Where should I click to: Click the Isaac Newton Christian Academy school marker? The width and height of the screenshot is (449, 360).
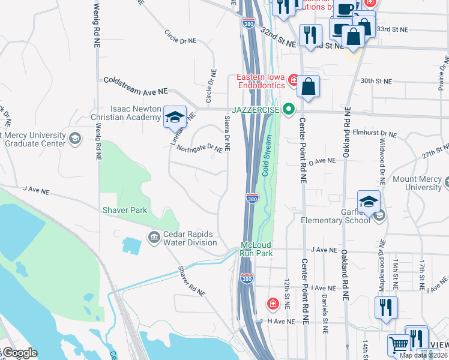175,116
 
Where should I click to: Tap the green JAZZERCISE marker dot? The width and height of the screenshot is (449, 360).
289,109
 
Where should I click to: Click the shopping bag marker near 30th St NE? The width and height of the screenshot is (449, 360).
308,86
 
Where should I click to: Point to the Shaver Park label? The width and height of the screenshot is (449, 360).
125,210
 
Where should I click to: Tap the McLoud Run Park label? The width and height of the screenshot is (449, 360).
257,249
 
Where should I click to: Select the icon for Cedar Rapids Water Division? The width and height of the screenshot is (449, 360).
153,238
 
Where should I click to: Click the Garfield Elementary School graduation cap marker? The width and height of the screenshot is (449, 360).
369,202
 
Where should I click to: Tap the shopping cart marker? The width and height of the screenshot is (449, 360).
399,346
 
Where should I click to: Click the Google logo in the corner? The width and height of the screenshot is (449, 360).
19,353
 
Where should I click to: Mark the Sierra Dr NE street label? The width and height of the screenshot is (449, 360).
228,133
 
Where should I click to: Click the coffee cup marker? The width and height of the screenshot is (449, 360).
346,8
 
